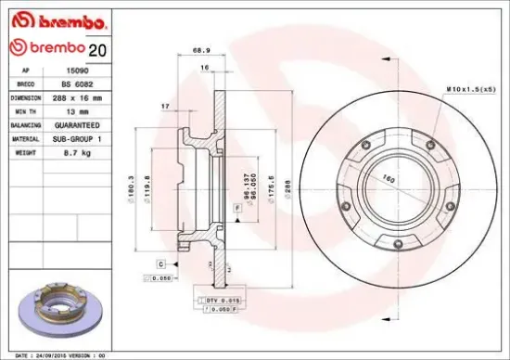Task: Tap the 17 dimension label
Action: (x=163, y=108)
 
